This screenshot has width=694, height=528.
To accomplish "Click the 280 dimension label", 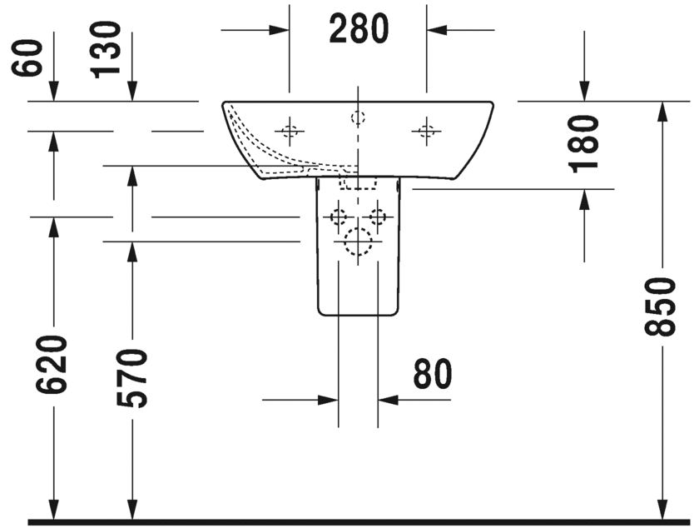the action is (x=359, y=28).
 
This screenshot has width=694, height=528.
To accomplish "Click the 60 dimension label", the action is (x=27, y=57).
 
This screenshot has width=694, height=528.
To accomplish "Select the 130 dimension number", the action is (x=106, y=50).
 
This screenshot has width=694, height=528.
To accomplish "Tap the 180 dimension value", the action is (x=584, y=144).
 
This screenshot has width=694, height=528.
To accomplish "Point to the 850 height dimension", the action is (x=661, y=306).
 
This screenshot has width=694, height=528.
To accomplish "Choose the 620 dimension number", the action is (x=52, y=365).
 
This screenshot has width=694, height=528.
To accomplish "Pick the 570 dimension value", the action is (x=131, y=378).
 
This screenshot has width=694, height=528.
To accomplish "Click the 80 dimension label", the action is (x=433, y=373).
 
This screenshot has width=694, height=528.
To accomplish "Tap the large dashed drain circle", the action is (x=358, y=242).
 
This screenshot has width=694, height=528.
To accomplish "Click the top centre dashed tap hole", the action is (x=358, y=117).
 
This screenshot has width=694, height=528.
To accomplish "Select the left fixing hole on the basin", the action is (x=290, y=131).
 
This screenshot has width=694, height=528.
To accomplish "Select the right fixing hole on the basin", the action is (x=426, y=131).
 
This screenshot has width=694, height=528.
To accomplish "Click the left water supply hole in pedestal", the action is (x=339, y=217).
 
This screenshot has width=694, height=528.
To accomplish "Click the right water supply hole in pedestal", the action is (x=378, y=217).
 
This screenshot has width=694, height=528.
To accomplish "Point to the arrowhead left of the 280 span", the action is (x=280, y=30).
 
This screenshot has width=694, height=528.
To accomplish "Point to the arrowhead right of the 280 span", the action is (x=436, y=30).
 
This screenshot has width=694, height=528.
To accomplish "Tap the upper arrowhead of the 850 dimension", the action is (x=662, y=112).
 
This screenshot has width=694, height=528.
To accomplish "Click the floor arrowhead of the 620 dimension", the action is (x=53, y=510).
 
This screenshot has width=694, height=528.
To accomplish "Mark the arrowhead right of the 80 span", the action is (x=388, y=401).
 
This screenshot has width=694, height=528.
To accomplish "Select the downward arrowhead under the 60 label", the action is (x=53, y=92).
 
